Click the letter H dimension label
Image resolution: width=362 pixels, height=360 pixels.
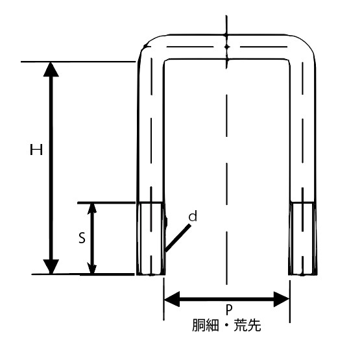click(x=36, y=149)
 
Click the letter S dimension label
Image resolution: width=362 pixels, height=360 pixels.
click(x=82, y=238)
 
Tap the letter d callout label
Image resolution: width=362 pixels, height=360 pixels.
click(x=193, y=216)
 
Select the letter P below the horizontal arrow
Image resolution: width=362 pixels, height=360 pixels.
click(x=228, y=310)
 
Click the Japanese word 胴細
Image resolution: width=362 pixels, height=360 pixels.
click(x=205, y=326)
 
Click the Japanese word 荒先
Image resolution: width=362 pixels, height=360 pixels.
click(x=247, y=326)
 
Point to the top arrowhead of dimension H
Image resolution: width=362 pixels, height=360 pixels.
click(x=51, y=69)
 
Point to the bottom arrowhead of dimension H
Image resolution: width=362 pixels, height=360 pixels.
click(x=51, y=267)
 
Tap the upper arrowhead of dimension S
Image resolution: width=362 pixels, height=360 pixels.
click(x=92, y=208)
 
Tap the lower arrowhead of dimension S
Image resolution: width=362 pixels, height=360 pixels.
click(x=92, y=269)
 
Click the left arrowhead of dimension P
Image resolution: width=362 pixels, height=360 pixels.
click(x=172, y=299)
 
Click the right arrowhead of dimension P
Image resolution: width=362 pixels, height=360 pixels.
click(x=282, y=299)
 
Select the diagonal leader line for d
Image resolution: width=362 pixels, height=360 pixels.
click(x=178, y=238)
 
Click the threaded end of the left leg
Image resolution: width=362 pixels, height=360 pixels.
click(x=151, y=239)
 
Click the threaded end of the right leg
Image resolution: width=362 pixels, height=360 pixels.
click(x=303, y=239)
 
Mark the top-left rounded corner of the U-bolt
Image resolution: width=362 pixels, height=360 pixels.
click(x=146, y=44)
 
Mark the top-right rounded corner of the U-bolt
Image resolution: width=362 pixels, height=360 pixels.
click(x=307, y=44)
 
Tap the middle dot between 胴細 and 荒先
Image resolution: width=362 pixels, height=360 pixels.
click(x=226, y=326)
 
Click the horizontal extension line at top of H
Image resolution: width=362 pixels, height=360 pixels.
click(x=78, y=62)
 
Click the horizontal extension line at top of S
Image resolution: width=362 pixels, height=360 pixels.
click(x=106, y=203)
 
